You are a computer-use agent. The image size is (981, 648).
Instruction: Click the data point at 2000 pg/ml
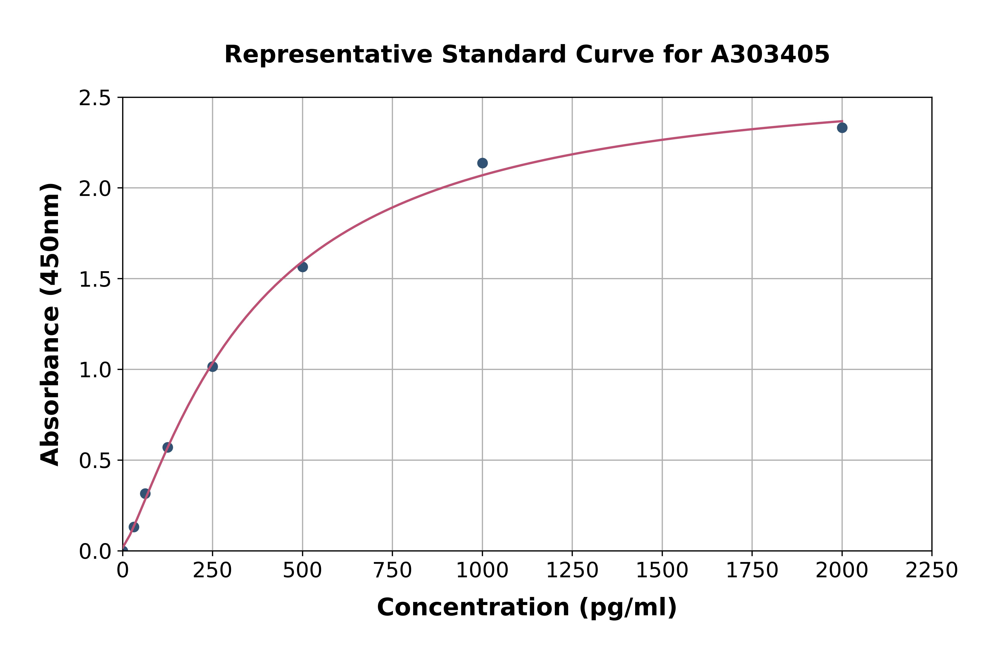[842, 128]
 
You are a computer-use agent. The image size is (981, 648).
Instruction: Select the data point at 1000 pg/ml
[482, 163]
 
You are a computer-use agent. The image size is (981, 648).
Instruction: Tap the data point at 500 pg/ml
[303, 267]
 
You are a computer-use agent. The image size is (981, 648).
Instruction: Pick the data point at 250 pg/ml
[213, 367]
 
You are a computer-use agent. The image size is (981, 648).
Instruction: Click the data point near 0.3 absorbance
[145, 494]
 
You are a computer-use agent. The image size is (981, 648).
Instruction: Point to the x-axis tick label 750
[392, 571]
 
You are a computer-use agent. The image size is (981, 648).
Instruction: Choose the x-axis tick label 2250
[932, 571]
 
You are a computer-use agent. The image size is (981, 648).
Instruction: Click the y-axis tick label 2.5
[95, 98]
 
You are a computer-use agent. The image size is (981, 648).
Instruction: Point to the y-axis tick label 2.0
[95, 189]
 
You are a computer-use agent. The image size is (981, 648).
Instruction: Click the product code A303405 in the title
[770, 55]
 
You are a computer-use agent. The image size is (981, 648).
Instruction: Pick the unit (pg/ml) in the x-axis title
[628, 607]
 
